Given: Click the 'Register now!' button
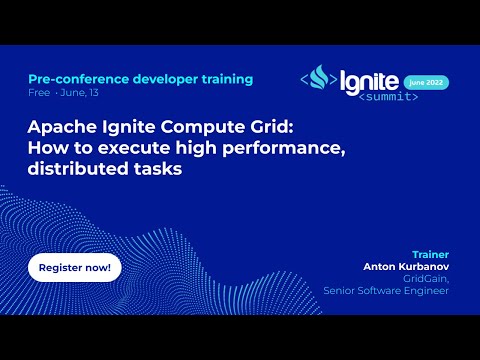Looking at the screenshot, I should pyautogui.click(x=74, y=268).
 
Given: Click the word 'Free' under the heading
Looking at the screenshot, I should pyautogui.click(x=39, y=93).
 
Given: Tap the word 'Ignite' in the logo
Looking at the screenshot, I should pyautogui.click(x=369, y=78).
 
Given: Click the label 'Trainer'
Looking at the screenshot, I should pyautogui.click(x=430, y=254).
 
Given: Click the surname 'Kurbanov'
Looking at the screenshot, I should pyautogui.click(x=426, y=267).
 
